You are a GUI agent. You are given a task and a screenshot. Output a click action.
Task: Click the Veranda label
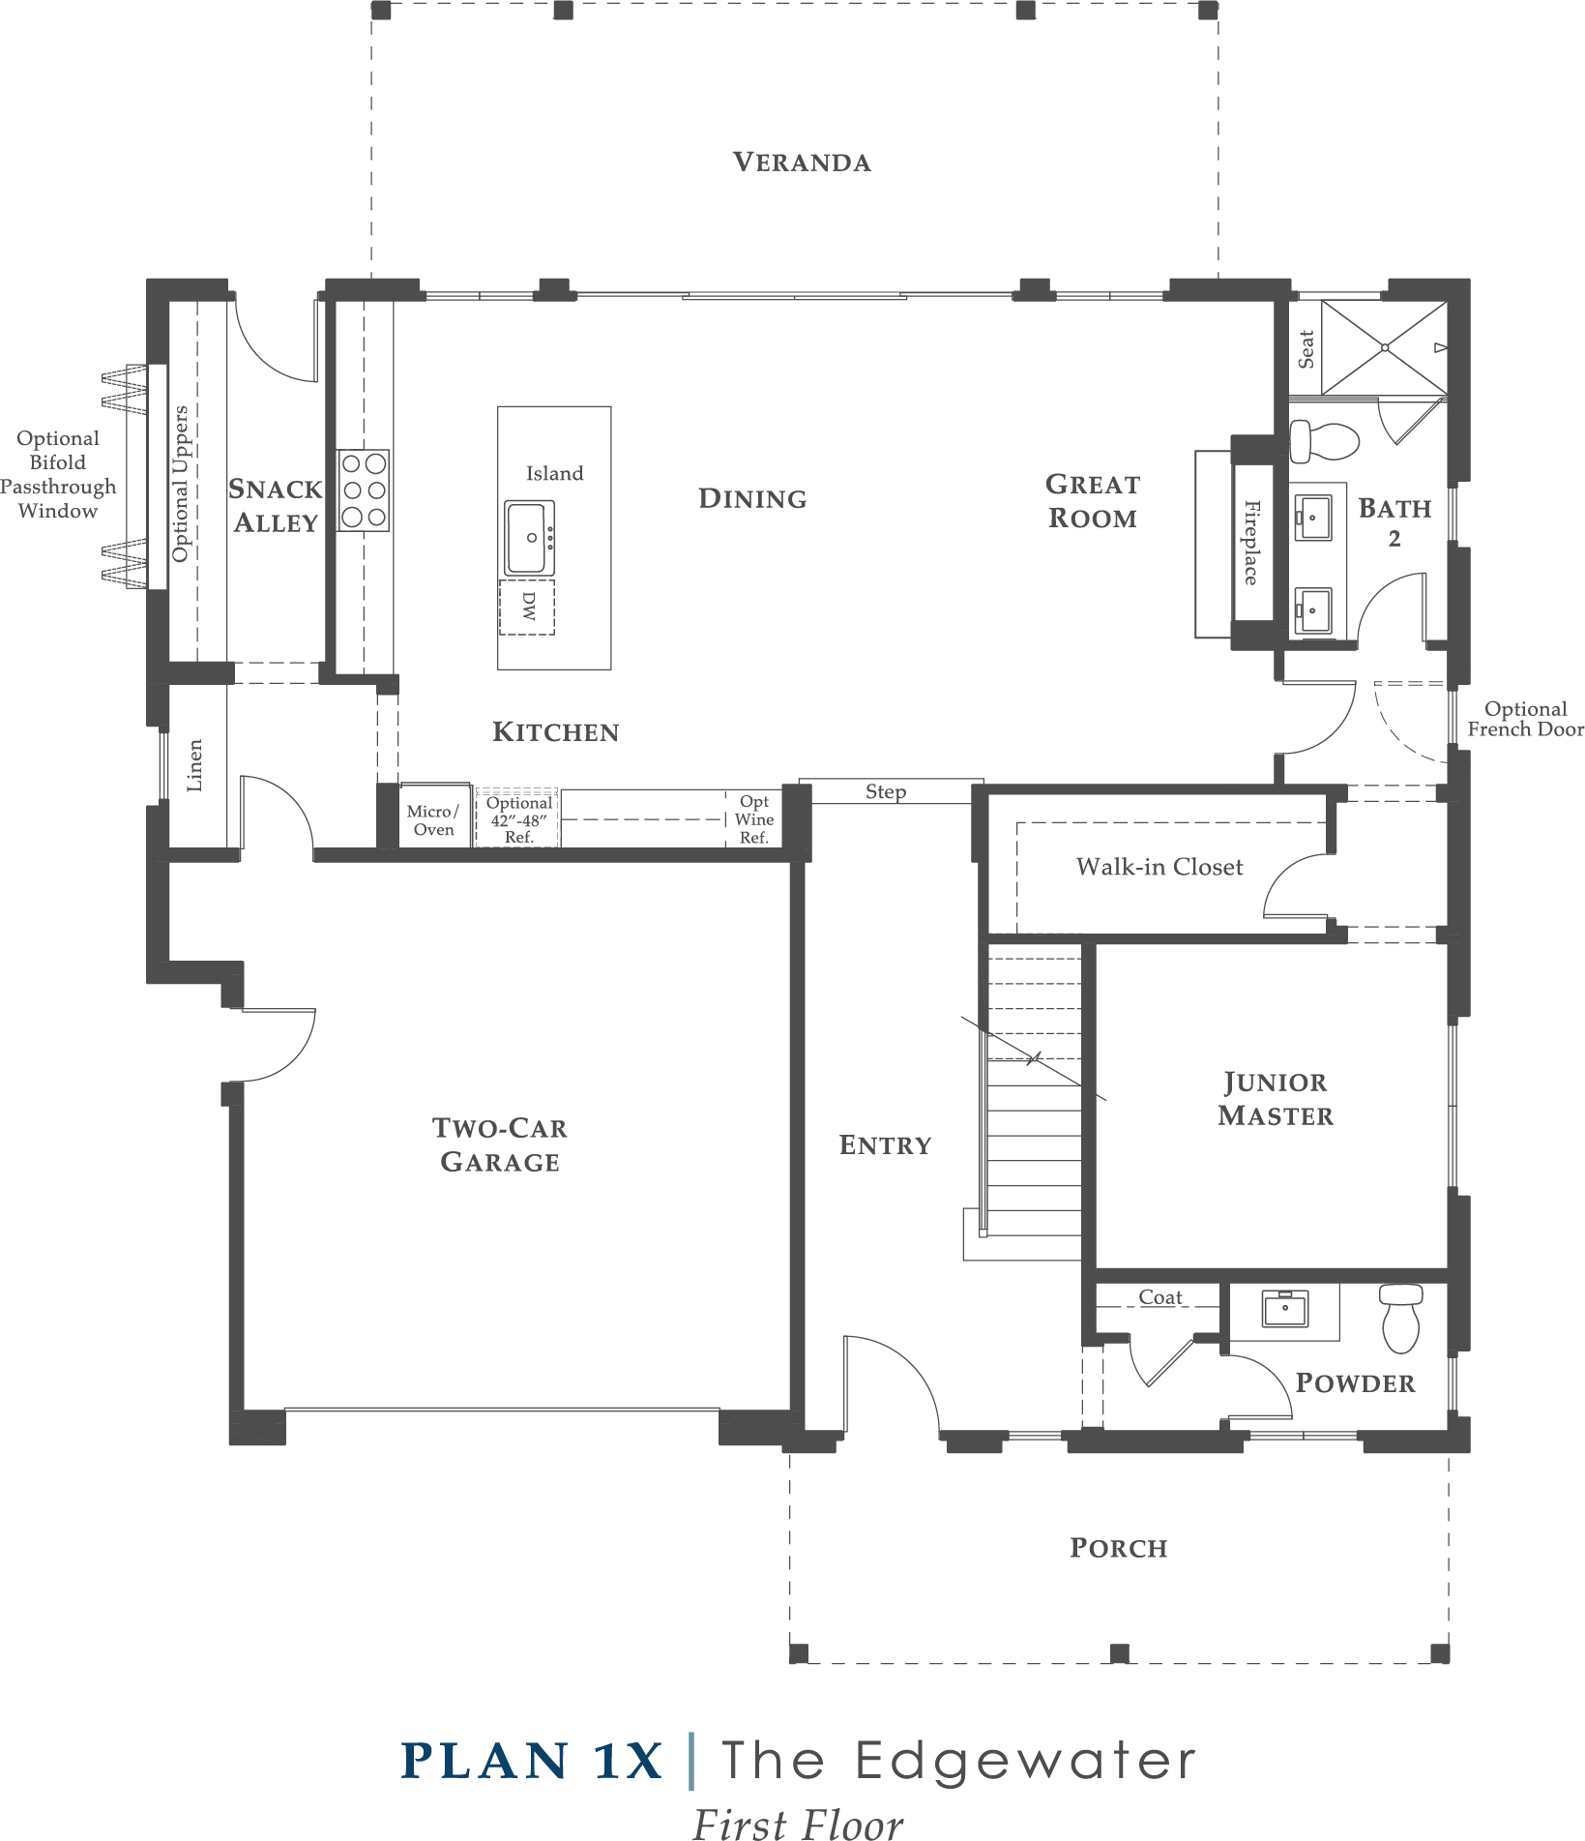point(802,162)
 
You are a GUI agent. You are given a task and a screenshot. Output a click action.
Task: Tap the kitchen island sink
point(529,538)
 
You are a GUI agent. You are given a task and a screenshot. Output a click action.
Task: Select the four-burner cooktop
point(364,490)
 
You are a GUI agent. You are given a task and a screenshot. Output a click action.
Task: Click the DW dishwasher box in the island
point(527,608)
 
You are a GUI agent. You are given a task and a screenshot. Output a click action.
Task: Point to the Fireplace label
point(1251,542)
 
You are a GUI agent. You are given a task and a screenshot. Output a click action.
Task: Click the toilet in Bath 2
point(1324,441)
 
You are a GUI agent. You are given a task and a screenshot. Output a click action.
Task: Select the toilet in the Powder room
point(1400,1318)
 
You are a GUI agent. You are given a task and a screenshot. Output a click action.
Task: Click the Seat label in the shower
point(1306,349)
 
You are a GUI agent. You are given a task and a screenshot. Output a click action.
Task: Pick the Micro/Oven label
point(433,820)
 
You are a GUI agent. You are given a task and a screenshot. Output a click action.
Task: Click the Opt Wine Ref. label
point(754,819)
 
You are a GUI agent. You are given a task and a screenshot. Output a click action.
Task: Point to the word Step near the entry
point(886,792)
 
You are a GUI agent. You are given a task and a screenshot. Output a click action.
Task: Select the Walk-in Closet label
point(1159,867)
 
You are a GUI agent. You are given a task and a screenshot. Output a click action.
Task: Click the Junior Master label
point(1276,1099)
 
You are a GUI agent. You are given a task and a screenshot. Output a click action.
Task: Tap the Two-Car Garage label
point(500,1144)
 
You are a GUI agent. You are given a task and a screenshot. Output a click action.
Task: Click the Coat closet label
point(1160,1297)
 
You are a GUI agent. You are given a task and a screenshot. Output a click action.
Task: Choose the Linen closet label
point(194,766)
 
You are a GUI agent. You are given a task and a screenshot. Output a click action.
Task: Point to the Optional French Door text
point(1526,719)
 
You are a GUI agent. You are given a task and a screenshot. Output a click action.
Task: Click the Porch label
point(1119,1548)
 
